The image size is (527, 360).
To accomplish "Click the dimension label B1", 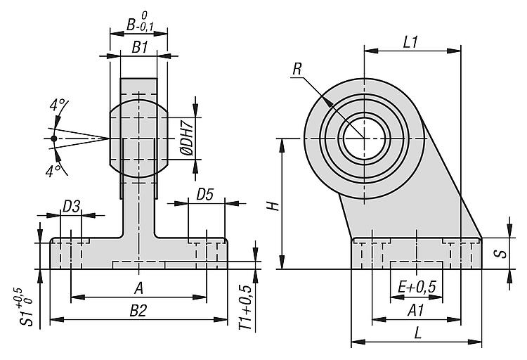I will click(x=139, y=47).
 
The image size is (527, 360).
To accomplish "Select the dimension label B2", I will click(x=138, y=310).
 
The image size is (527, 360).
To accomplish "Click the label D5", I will click(x=205, y=193).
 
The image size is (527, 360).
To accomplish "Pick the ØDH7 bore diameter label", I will click(x=186, y=138).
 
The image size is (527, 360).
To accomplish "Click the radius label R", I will click(x=298, y=69).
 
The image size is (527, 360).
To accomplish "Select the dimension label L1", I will click(x=411, y=41).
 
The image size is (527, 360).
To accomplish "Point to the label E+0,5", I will click(x=417, y=287).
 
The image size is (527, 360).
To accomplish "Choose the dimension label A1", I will click(x=417, y=310).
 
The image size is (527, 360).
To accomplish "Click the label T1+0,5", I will click(x=245, y=309).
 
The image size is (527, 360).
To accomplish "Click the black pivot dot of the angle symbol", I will click(x=53, y=139).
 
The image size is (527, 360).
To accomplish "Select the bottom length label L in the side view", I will click(x=417, y=334).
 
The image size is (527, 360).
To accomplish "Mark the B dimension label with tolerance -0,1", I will click(x=139, y=25).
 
